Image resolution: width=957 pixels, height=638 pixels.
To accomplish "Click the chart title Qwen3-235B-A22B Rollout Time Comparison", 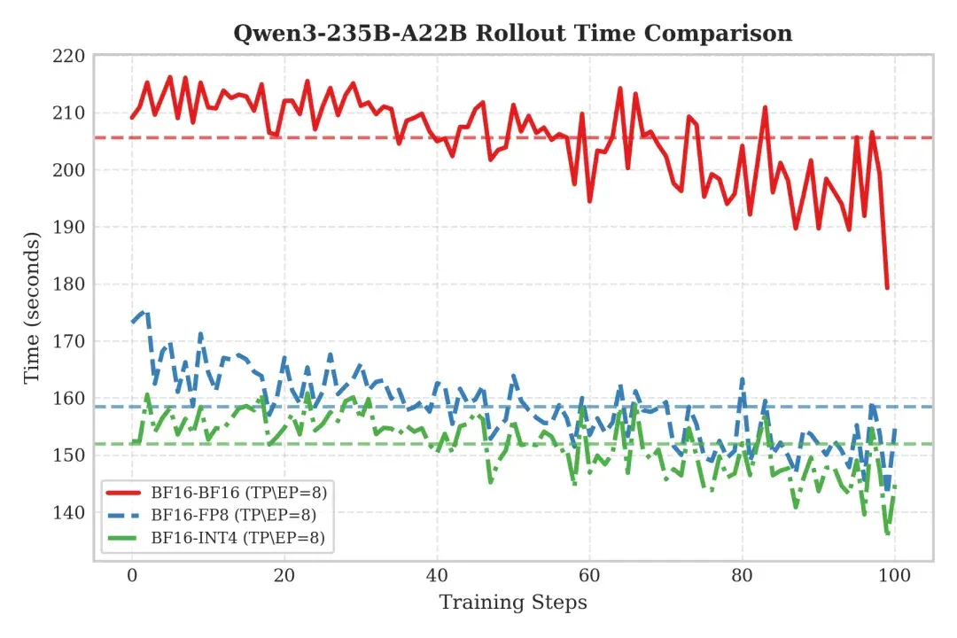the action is [513, 33].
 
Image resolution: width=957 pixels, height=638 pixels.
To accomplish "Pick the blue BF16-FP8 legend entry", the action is [212, 515].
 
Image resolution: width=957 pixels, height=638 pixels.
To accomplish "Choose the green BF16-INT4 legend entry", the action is [215, 537].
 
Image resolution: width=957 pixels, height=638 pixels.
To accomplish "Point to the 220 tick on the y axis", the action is [69, 56].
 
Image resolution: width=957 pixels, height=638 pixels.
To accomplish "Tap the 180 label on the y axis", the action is [69, 284].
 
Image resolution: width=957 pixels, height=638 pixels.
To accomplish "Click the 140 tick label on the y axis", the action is [69, 512].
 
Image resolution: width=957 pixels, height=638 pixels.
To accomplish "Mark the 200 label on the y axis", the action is [69, 170].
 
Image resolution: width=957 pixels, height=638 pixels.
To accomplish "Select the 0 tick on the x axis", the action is [132, 575].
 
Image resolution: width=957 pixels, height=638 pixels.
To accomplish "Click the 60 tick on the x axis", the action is [589, 575].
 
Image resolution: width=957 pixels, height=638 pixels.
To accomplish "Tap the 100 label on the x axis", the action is [895, 575].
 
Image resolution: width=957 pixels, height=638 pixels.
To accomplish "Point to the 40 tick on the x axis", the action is [437, 575].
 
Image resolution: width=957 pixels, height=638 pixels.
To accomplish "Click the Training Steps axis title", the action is [513, 602].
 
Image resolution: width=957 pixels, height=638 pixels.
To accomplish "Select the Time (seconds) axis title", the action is [32, 307].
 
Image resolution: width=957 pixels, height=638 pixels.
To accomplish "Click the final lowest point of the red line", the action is [887, 288].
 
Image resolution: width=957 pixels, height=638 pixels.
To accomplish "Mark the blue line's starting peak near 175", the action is [144, 313].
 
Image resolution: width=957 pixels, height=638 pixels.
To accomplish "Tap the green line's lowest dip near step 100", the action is [887, 533].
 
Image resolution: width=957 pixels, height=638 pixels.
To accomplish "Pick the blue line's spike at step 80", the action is [743, 379].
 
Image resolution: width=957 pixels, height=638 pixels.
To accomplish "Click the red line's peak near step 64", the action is [620, 89].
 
